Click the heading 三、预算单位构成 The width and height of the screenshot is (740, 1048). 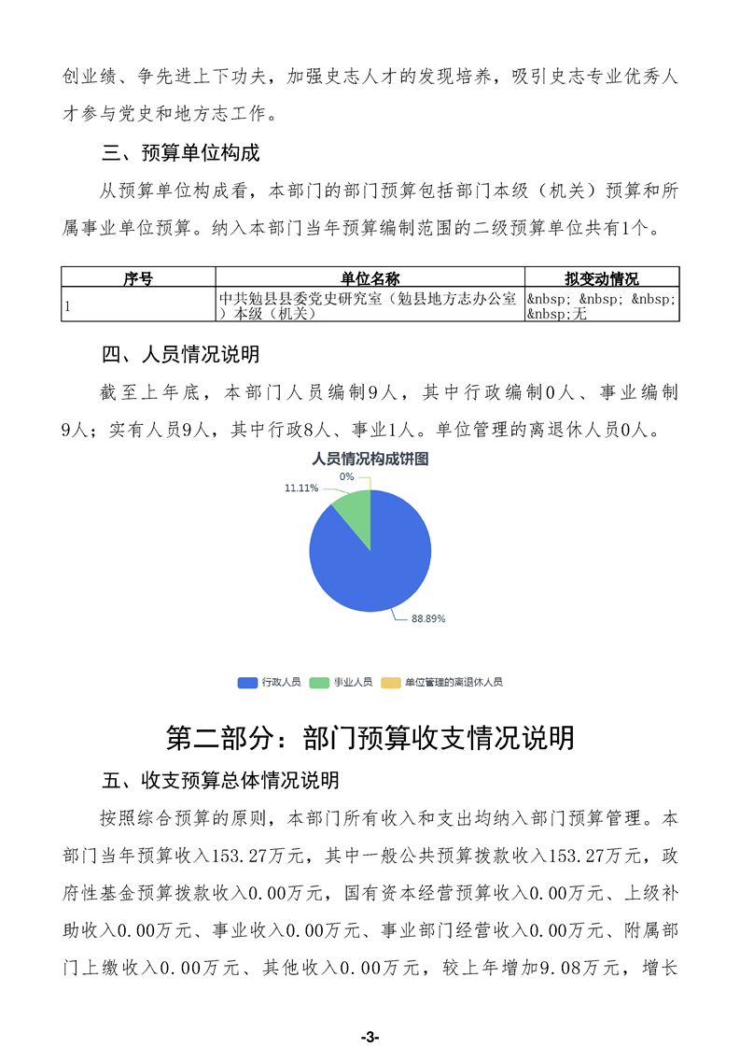pos(180,152)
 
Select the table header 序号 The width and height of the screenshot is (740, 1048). pos(138,278)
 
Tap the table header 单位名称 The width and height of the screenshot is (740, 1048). pos(370,278)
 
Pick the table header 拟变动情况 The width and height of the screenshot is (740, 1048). pos(601,278)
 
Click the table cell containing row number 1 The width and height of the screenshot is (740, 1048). pos(138,305)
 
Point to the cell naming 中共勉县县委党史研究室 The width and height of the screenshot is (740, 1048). pos(370,305)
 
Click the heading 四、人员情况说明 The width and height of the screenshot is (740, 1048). pos(180,355)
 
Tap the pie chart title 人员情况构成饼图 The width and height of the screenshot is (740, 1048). pos(370,459)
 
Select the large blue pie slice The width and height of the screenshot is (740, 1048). pos(373,560)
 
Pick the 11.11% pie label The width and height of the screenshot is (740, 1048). pos(301,488)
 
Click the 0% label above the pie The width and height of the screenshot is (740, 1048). pos(346,476)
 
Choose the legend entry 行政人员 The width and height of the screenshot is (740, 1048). pos(270,683)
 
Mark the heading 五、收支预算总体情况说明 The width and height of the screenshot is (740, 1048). pos(220,780)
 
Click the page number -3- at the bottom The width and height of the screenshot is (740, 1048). pos(370,1037)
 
